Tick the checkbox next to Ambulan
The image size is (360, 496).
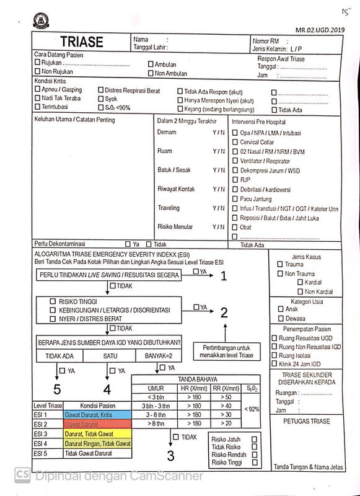tap(150, 64)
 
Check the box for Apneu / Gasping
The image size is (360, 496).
tap(37, 90)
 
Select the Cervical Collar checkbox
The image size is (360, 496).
tap(235, 142)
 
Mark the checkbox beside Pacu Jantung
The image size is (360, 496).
tap(235, 199)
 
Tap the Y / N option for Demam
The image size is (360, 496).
tap(219, 133)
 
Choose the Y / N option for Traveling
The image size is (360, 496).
tap(219, 208)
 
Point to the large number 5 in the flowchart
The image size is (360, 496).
tap(56, 390)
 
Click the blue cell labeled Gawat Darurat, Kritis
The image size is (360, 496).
tap(97, 414)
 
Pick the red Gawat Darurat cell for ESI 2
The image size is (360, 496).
tap(97, 424)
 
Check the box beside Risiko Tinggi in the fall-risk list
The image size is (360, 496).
tap(254, 463)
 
